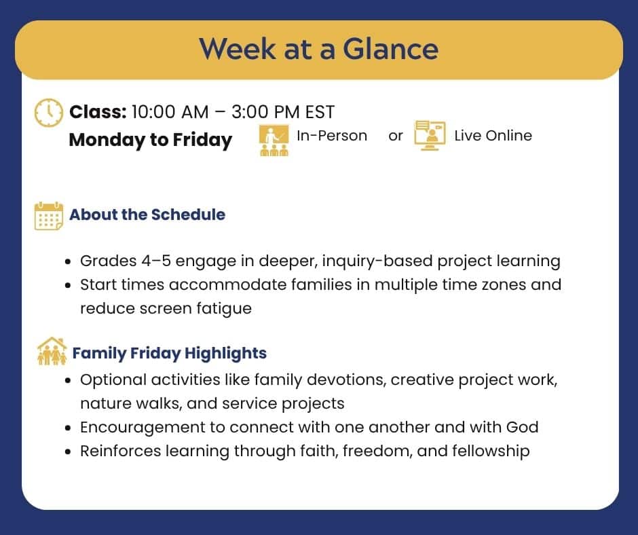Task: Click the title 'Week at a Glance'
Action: [x=318, y=49]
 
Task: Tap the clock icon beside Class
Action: [x=49, y=112]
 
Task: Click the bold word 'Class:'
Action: [x=98, y=111]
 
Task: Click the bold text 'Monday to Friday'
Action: [x=150, y=140]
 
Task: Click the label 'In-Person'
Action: [x=331, y=136]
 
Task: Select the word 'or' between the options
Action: [x=396, y=136]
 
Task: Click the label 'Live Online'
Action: [x=493, y=136]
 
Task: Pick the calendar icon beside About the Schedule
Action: [x=49, y=216]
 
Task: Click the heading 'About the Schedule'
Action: [x=147, y=215]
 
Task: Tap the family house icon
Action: [x=52, y=352]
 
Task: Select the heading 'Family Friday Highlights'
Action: [x=169, y=354]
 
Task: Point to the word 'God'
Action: [x=522, y=427]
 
